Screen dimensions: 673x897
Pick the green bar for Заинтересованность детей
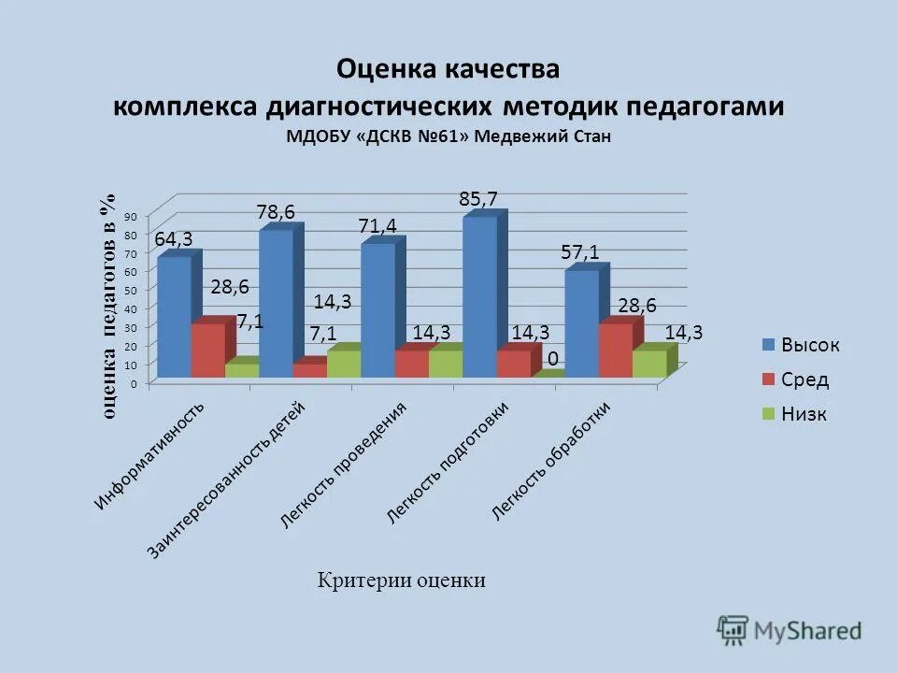pyautogui.click(x=344, y=364)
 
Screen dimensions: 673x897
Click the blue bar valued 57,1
pyautogui.click(x=581, y=323)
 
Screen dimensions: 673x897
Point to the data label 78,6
pyautogui.click(x=276, y=212)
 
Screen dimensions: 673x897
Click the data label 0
pyautogui.click(x=553, y=359)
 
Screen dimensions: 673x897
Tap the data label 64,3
pyautogui.click(x=174, y=239)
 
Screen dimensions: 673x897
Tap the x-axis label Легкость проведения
pyautogui.click(x=345, y=465)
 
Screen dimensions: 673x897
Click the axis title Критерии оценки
pyautogui.click(x=402, y=580)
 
